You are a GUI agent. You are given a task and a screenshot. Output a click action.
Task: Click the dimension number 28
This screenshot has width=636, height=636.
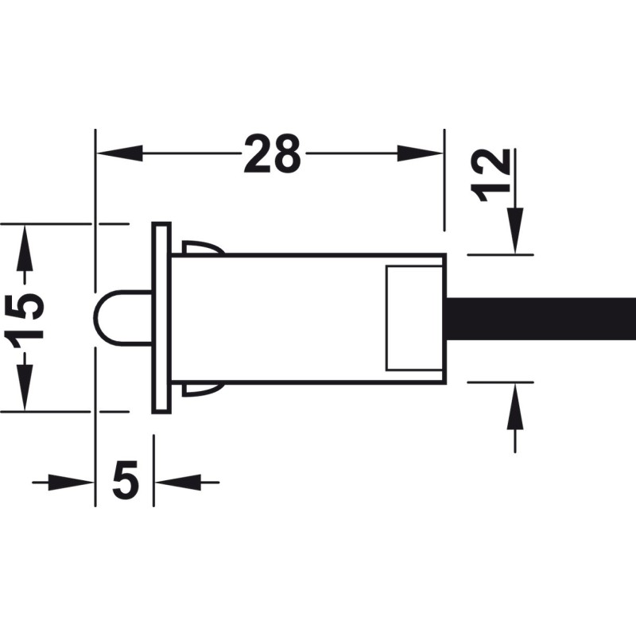pos(272,154)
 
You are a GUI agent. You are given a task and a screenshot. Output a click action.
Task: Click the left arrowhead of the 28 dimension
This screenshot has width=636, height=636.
pos(119,153)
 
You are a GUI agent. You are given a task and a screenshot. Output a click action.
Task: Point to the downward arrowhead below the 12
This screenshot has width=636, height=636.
pos(514,231)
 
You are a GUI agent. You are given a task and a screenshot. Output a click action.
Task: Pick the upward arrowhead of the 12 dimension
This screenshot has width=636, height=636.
pos(514,405)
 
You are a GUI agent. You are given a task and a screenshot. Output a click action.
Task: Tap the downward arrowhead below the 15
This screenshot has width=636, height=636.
pos(25,387)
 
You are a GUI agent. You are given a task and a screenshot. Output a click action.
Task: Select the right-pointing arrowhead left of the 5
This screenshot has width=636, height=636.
pos(72,483)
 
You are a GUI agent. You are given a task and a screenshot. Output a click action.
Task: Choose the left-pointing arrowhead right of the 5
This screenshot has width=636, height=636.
pos(177,483)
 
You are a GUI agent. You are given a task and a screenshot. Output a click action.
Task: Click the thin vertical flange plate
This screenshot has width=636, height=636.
pos(161,318)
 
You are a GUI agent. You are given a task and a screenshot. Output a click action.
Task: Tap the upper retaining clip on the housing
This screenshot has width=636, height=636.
pos(204,247)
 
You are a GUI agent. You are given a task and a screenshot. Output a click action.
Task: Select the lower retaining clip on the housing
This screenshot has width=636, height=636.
pos(203,390)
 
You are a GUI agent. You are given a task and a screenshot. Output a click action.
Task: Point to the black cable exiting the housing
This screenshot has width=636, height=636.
pos(541,319)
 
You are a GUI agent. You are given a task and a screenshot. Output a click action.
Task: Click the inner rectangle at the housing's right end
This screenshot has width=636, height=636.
pos(413,318)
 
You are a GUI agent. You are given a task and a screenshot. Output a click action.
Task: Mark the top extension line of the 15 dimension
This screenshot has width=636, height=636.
pos(65,223)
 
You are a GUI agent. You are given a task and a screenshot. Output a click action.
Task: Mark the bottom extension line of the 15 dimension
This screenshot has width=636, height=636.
pos(65,411)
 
